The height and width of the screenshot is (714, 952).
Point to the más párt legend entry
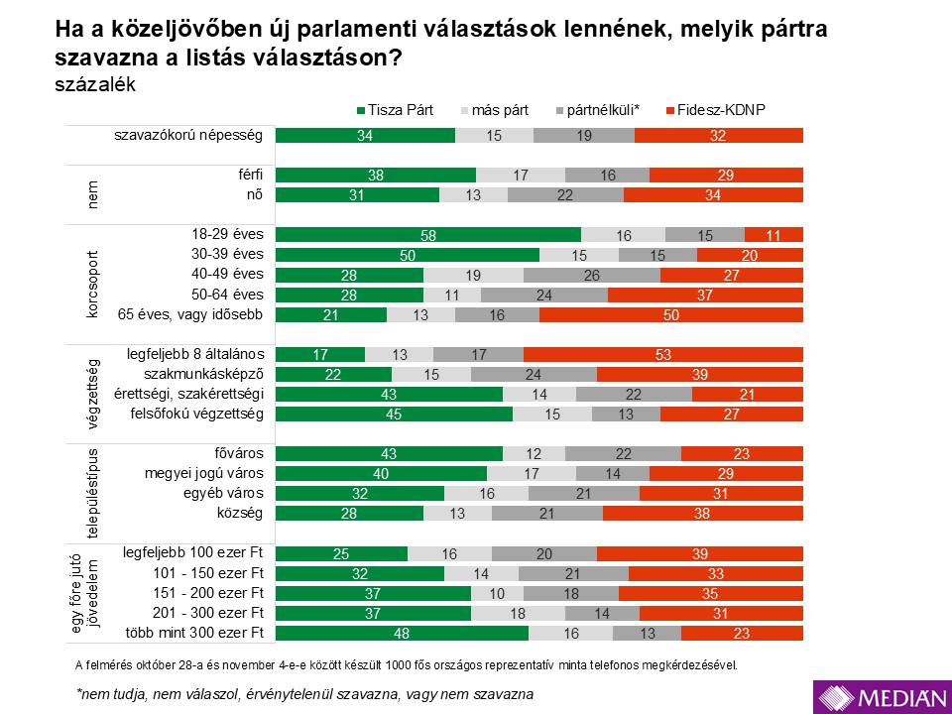pyautogui.click(x=501, y=110)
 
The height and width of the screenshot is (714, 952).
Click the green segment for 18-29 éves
pyautogui.click(x=427, y=235)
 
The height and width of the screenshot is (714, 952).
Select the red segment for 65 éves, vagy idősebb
pyautogui.click(x=671, y=314)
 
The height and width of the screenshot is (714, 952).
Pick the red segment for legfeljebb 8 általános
pyautogui.click(x=663, y=354)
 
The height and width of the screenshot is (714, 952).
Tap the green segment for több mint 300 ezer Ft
pyautogui.click(x=402, y=633)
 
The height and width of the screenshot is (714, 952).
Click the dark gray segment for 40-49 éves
pyautogui.click(x=592, y=275)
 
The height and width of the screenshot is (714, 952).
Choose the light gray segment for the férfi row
pyautogui.click(x=521, y=175)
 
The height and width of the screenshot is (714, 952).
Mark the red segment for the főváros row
pyautogui.click(x=742, y=453)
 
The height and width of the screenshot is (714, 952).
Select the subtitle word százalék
pyautogui.click(x=95, y=85)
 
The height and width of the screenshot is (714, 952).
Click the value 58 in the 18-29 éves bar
pyautogui.click(x=427, y=235)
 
